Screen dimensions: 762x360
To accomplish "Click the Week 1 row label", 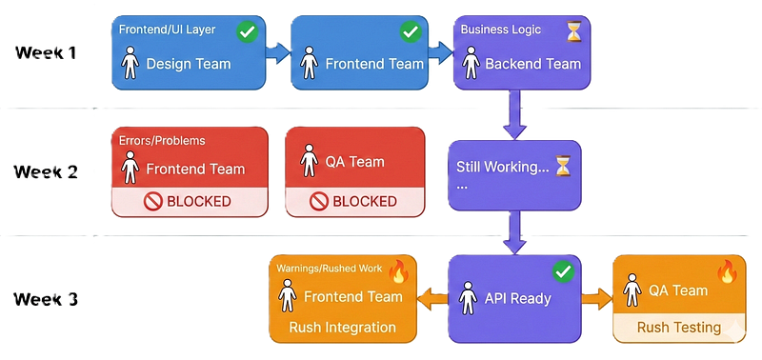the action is pos(46,52).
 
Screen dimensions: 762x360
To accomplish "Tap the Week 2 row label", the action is pos(46,172).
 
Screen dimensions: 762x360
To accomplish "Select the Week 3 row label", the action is pos(46,299).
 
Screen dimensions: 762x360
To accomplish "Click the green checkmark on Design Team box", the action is pos(248,32).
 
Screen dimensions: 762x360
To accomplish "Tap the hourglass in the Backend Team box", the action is pos(574,32).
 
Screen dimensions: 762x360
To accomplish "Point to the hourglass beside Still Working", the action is pos(563,166).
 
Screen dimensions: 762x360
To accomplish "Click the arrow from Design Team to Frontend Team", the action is pos(278,52).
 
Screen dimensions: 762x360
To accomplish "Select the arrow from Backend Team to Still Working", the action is pos(514,114).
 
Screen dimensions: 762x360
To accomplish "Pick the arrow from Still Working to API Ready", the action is pos(514,232).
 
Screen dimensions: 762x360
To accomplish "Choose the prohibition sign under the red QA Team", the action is pos(319,202).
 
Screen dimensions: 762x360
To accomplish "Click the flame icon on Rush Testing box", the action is pos(727,271).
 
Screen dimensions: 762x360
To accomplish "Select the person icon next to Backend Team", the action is pos(471,63).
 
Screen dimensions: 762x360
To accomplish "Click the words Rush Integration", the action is pos(343,327).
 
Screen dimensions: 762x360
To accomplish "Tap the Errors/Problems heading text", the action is pos(162,140).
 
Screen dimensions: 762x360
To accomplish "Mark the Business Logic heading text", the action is pos(501,30).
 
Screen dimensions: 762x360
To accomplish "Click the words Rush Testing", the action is pos(679,327).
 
